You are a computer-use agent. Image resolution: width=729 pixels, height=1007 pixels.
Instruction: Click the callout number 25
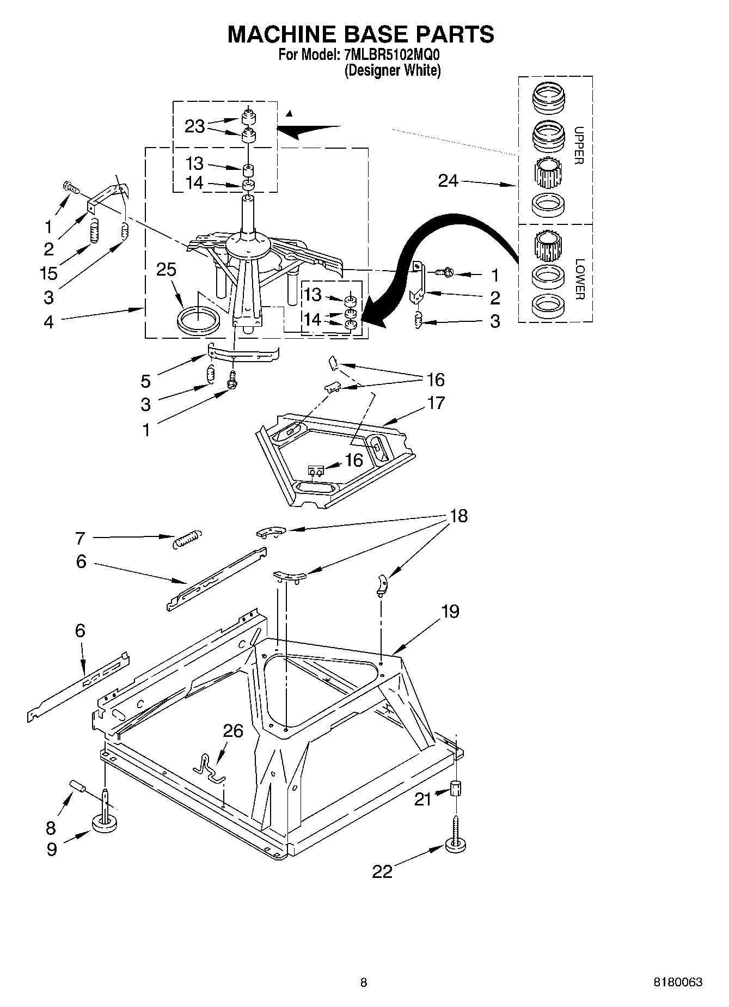[x=167, y=270]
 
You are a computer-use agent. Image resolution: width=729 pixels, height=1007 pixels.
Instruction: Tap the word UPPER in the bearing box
[x=579, y=145]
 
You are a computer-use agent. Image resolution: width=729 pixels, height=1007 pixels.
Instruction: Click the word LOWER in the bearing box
[x=579, y=279]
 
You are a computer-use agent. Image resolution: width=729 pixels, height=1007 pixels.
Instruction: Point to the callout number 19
[x=450, y=611]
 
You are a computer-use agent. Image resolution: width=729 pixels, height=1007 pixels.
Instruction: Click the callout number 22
[x=382, y=871]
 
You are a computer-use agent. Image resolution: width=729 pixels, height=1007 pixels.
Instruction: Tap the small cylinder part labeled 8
[x=78, y=787]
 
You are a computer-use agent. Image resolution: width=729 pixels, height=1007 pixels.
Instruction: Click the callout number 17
[x=436, y=403]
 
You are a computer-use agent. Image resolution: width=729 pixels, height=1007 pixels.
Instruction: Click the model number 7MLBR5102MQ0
[x=391, y=55]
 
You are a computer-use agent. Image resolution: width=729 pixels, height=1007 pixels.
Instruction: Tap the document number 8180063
[x=678, y=982]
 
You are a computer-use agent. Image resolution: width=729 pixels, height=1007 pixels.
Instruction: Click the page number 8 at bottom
[x=364, y=982]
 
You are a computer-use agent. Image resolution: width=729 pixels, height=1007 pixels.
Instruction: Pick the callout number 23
[x=194, y=126]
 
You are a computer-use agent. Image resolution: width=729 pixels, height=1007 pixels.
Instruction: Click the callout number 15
[x=48, y=273]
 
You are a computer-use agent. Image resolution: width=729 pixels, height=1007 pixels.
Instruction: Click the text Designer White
[x=392, y=70]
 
